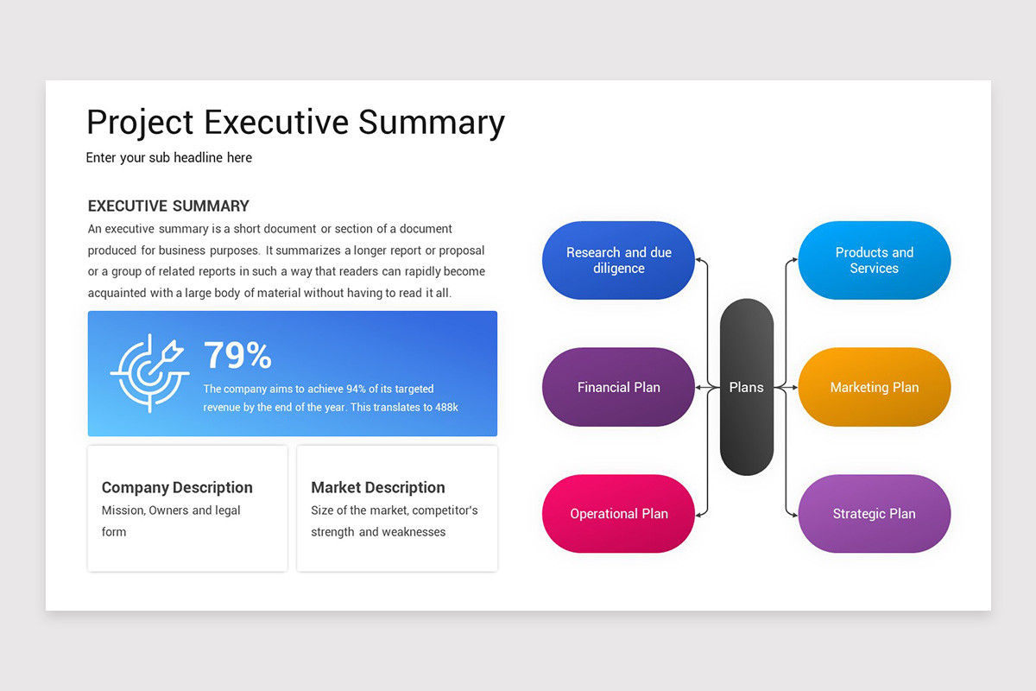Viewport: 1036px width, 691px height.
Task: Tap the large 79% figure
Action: [237, 355]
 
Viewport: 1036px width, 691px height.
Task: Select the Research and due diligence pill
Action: [618, 260]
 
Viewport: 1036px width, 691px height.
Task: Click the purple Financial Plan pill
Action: [618, 387]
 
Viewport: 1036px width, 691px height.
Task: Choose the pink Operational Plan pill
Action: [618, 513]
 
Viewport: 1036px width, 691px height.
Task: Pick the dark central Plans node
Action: [746, 387]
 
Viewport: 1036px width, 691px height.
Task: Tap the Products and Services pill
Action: [874, 260]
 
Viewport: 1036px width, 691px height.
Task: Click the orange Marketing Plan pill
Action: [874, 387]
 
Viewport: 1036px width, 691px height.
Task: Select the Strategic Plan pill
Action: [874, 513]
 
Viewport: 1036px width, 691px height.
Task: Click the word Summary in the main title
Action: [432, 123]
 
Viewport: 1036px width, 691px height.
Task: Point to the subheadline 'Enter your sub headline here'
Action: [169, 158]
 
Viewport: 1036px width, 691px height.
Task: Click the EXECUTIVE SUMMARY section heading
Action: [168, 206]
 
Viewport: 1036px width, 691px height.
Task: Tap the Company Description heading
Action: [177, 487]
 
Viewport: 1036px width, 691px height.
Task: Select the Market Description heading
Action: [378, 487]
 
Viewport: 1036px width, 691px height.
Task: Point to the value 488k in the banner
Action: [445, 407]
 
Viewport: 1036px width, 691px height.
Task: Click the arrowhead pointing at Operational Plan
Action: [699, 514]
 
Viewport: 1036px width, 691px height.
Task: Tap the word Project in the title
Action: [140, 123]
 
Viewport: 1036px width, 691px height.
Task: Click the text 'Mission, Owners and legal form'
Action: [171, 521]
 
